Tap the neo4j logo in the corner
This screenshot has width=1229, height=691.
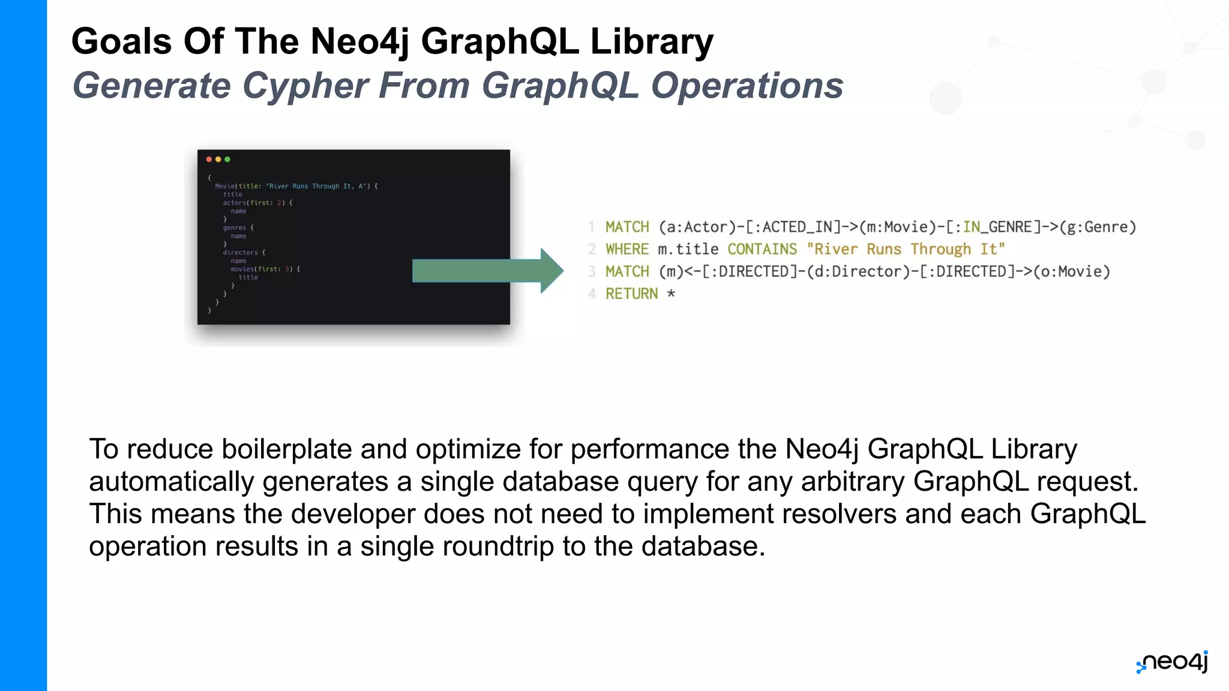1173,662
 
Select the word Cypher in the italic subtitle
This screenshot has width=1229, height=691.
305,85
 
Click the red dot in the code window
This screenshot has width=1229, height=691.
209,160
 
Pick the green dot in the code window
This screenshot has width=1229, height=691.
227,160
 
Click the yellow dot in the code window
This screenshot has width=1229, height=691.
218,160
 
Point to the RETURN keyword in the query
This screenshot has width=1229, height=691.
631,294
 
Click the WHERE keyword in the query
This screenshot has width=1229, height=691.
627,250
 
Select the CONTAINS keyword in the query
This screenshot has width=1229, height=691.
762,250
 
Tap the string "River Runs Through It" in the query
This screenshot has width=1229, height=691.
906,250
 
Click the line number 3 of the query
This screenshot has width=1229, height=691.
592,272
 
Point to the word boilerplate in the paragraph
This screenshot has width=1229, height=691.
286,449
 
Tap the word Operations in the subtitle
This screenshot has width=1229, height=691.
747,85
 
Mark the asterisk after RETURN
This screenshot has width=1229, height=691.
671,294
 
